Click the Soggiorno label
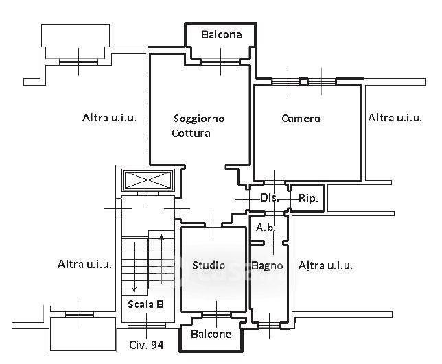click(199, 119)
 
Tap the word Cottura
click(191, 133)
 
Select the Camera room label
click(301, 118)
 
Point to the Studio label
click(209, 265)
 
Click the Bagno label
click(267, 265)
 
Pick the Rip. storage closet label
click(308, 199)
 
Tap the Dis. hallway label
click(270, 197)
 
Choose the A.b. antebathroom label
click(266, 227)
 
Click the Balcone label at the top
click(222, 35)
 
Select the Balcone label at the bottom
click(211, 334)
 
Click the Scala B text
click(146, 304)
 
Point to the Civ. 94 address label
click(146, 345)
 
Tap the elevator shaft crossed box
click(148, 180)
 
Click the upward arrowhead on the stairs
click(161, 237)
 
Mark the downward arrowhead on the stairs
click(135, 289)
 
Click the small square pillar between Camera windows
click(303, 82)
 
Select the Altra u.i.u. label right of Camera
click(395, 118)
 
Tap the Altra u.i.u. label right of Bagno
click(325, 265)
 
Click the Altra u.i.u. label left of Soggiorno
click(109, 118)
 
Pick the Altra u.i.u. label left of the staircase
click(84, 265)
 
